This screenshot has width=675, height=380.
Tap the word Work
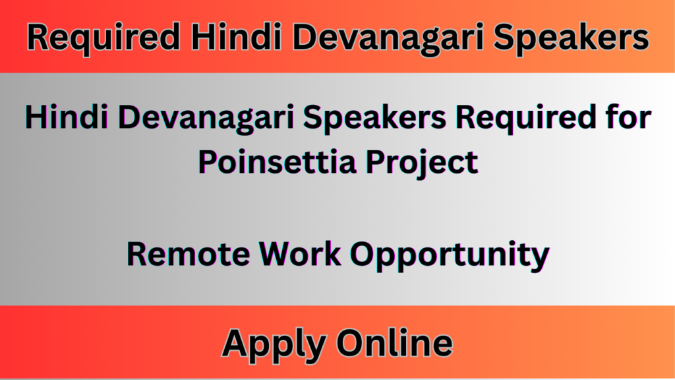297,254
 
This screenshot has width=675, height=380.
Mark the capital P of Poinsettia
206,161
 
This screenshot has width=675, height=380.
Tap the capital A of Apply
235,344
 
